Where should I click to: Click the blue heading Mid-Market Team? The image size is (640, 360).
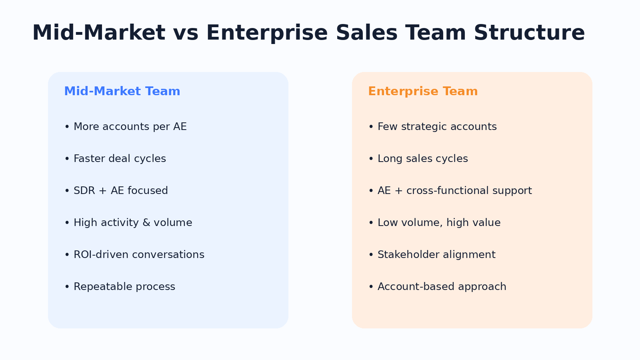click(x=122, y=92)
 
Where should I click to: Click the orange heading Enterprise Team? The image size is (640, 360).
click(x=423, y=92)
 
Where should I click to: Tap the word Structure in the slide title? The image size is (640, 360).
click(x=529, y=33)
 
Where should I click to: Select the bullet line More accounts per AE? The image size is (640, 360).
click(x=126, y=126)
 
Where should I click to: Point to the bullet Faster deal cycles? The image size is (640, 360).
click(x=115, y=158)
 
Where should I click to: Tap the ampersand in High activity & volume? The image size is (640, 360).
click(x=146, y=222)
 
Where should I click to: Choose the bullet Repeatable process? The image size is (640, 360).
click(x=120, y=286)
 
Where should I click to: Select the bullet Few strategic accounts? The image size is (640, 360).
click(x=432, y=126)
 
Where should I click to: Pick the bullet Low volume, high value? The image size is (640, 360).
click(x=434, y=222)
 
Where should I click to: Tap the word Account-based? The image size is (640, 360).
click(x=416, y=286)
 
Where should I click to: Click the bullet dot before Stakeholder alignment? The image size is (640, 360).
click(x=371, y=254)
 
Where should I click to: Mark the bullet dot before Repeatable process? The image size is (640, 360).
click(x=67, y=286)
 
